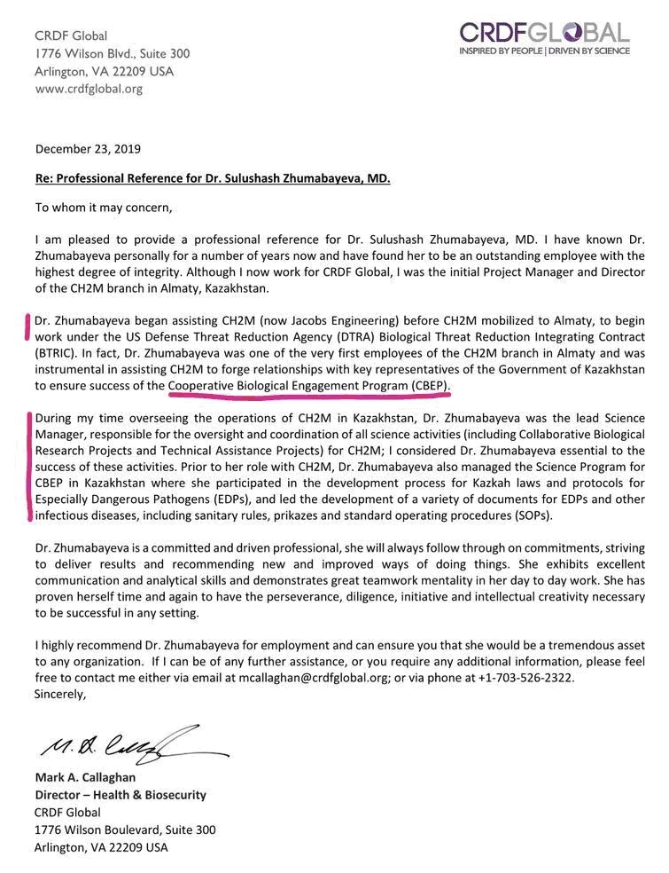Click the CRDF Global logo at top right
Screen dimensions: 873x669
click(x=544, y=34)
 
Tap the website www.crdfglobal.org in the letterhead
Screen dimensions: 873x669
click(x=89, y=89)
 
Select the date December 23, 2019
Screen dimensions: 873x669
click(x=88, y=149)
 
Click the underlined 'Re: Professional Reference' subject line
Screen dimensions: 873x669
click(x=213, y=178)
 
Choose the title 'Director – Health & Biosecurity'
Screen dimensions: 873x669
click(x=120, y=795)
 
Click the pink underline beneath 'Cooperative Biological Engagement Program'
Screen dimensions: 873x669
click(x=310, y=396)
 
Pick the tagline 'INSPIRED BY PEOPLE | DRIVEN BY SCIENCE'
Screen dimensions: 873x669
click(x=544, y=51)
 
